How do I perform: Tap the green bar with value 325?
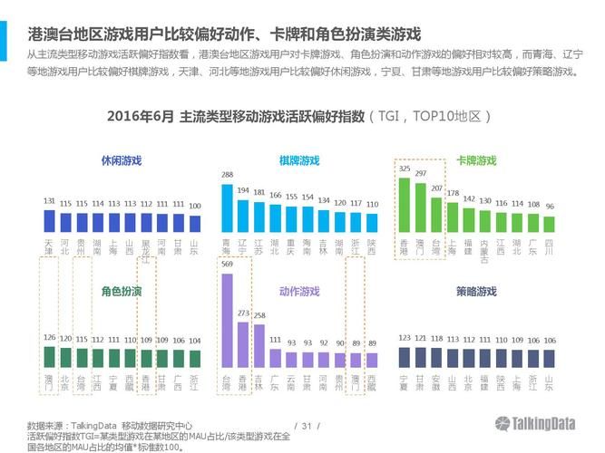click(404, 205)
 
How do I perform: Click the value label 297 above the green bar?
click(421, 171)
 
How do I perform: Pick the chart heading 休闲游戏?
click(122, 160)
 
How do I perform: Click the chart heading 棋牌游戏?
click(299, 160)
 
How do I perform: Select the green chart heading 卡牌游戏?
click(476, 160)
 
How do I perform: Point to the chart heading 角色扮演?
click(122, 292)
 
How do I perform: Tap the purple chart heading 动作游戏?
click(299, 292)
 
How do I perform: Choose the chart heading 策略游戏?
click(476, 292)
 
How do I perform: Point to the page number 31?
click(306, 425)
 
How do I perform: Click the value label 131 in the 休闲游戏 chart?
click(49, 201)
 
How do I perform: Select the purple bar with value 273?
click(243, 344)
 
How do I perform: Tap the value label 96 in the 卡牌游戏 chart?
click(549, 207)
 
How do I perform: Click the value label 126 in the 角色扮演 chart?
click(49, 338)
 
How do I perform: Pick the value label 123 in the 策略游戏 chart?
click(405, 338)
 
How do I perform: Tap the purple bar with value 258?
click(259, 346)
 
